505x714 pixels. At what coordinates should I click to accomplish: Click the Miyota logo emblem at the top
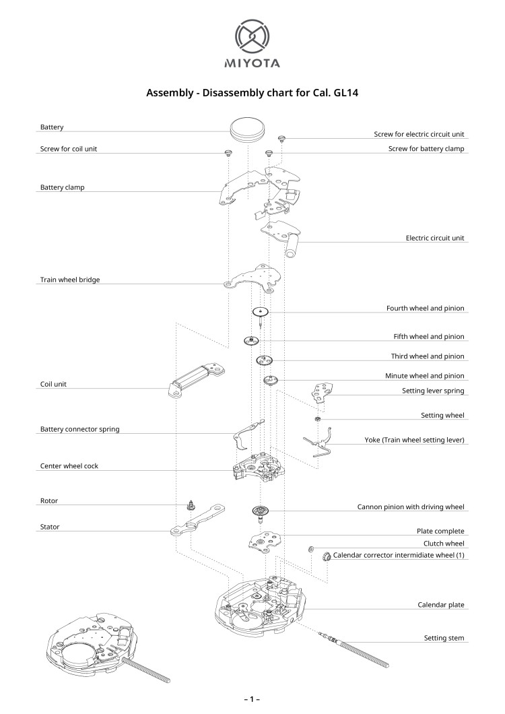coord(252,36)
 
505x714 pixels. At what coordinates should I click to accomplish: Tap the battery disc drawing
coord(246,129)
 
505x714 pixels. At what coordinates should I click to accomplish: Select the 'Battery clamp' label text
coord(63,187)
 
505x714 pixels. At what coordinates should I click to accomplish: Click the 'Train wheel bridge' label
coord(70,280)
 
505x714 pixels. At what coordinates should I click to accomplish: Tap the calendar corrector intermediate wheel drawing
coord(326,556)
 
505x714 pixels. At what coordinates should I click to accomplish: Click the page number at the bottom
coord(252,699)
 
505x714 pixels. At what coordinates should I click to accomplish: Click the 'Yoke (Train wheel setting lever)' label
coord(415,440)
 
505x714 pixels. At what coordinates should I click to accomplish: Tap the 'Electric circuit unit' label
coord(435,238)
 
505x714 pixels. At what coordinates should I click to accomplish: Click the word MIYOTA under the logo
coord(252,64)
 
